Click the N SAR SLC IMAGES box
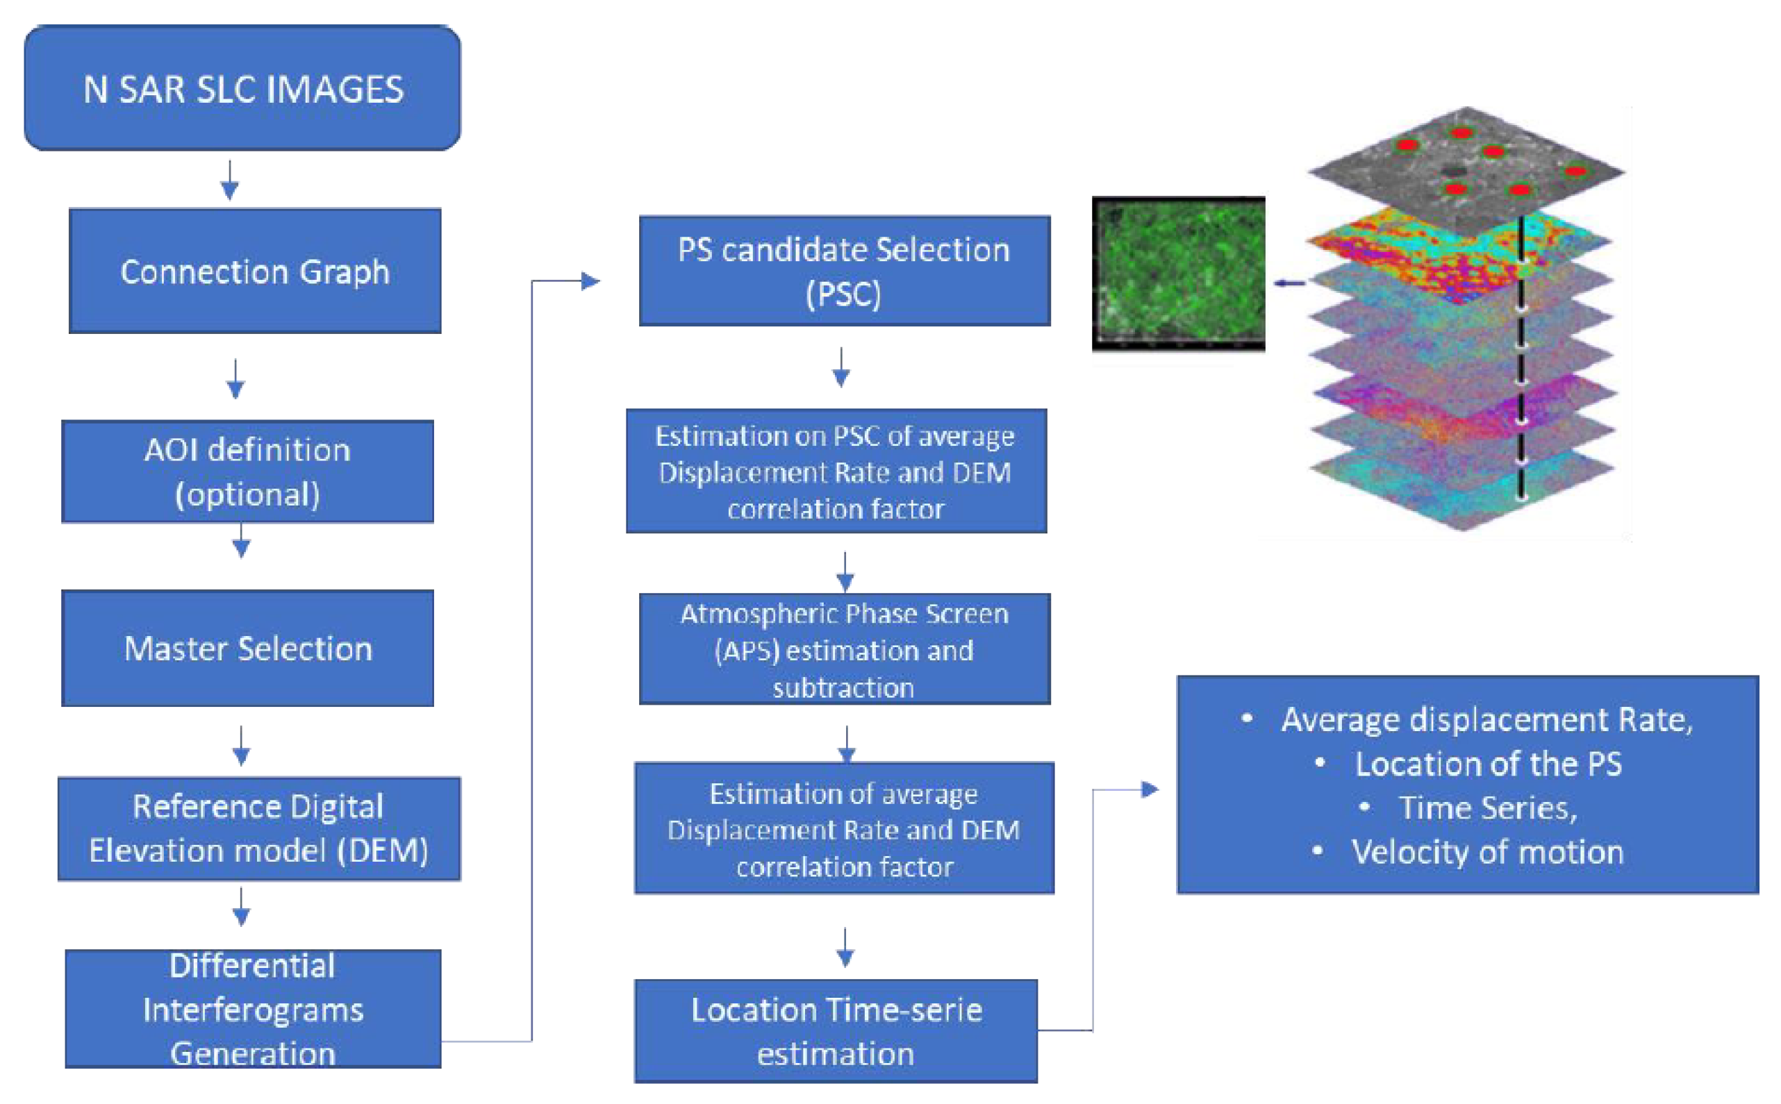point(242,88)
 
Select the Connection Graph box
point(255,271)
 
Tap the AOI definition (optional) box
point(247,471)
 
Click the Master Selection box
point(247,649)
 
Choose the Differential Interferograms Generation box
point(253,1009)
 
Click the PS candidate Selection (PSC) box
point(844,271)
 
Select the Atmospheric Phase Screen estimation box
point(844,649)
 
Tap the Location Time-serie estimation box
point(836,1031)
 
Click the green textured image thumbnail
point(1179,274)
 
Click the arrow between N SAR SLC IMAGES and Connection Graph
point(230,181)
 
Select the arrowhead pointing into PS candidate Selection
point(590,281)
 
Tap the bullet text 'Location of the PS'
point(1487,764)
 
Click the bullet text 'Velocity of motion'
point(1486,852)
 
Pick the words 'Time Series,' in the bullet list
point(1487,808)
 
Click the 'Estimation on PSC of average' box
point(836,471)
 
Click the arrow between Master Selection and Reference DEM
point(242,746)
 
